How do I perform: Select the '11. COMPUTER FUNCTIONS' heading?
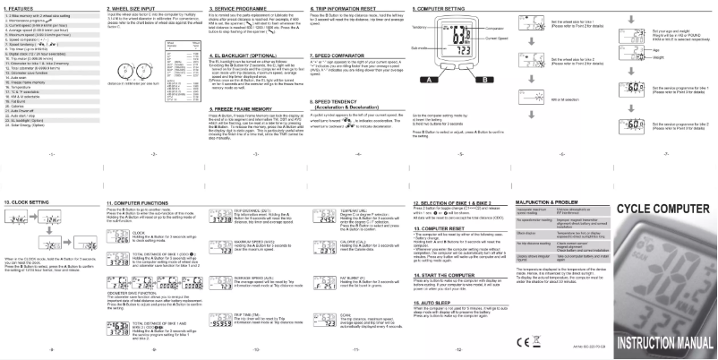(x=135, y=203)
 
